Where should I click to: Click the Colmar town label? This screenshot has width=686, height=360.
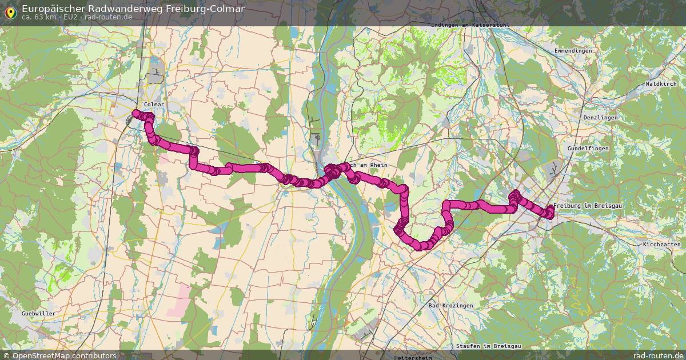point(154,105)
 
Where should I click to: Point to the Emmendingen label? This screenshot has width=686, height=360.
point(573,51)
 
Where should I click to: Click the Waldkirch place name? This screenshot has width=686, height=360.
point(661,84)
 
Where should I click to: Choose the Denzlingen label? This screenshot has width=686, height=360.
point(601,117)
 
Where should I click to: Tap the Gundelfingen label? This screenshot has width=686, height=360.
point(588,148)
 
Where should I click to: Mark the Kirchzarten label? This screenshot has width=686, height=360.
point(661,244)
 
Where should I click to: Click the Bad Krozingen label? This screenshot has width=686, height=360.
point(451,306)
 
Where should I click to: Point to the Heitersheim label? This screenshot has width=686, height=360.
point(415,357)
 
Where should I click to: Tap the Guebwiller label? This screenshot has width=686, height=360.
point(38,314)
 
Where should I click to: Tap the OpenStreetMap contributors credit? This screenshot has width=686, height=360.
point(64,355)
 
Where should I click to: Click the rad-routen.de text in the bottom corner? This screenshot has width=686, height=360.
point(658,355)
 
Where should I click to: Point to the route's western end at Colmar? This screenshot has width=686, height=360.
point(135,113)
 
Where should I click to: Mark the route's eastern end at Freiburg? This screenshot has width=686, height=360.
point(551,213)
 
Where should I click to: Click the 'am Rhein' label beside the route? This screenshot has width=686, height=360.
point(372,165)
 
